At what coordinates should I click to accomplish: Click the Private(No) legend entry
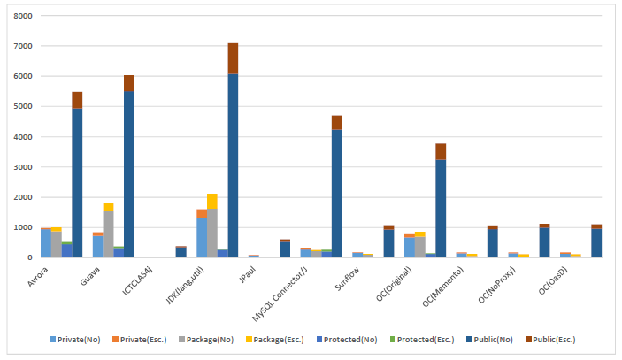tap(75, 340)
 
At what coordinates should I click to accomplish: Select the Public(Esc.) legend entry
tap(550, 340)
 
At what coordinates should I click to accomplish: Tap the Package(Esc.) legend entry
tap(275, 340)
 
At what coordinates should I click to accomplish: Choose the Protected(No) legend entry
tap(347, 340)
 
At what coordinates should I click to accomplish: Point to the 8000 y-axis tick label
tap(23, 16)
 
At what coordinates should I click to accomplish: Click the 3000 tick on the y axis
tap(23, 167)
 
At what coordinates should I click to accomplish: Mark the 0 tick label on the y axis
tap(30, 257)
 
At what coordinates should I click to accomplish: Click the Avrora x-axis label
tap(38, 276)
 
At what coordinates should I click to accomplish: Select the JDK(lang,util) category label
tap(184, 285)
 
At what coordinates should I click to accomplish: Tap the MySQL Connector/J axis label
tap(280, 294)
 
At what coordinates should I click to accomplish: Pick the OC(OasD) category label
tap(553, 280)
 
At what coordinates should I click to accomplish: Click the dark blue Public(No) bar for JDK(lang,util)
tap(233, 165)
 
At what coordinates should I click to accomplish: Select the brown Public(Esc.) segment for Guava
tap(129, 83)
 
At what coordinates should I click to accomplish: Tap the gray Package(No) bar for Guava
tap(108, 234)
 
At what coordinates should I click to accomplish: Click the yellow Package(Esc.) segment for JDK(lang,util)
tap(212, 202)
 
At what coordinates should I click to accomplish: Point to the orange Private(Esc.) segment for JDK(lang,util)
tap(202, 214)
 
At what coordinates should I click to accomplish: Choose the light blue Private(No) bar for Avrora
tap(46, 243)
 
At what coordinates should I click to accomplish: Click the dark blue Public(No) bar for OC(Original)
tap(441, 209)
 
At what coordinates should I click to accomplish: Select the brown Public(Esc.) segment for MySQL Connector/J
tap(337, 123)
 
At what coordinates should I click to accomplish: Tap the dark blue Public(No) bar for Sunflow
tap(388, 244)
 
